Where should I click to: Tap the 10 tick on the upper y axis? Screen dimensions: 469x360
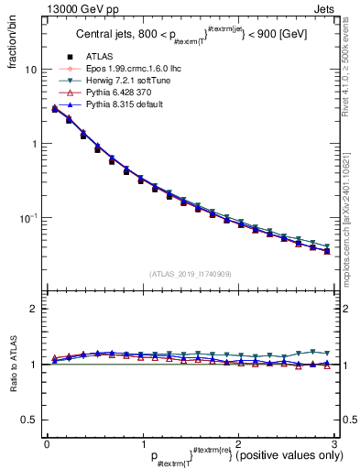[x=31, y=71]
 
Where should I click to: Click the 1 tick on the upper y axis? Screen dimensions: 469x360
[x=34, y=145]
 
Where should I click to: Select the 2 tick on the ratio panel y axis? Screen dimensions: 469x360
[x=34, y=309]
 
